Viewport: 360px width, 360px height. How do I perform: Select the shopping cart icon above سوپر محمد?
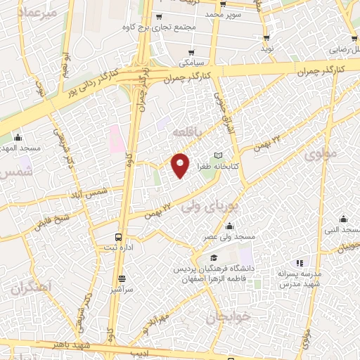pos(229,4)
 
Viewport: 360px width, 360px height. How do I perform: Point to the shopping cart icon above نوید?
pos(266,38)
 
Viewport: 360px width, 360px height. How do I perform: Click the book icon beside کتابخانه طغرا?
pos(217,155)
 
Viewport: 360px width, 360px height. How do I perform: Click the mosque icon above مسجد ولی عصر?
pos(229,226)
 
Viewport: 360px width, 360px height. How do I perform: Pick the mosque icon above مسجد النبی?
pos(343,219)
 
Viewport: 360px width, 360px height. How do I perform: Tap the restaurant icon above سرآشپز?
pos(122,278)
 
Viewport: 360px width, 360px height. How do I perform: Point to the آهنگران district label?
pos(32,288)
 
